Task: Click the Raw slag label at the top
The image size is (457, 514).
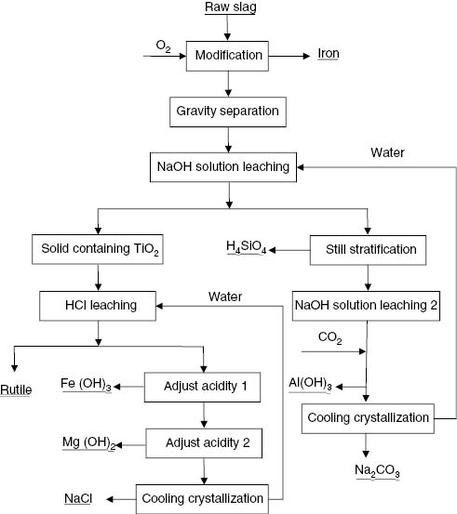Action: pos(228,8)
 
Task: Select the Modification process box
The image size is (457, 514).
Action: pos(228,55)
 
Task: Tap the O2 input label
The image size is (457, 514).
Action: pos(163,44)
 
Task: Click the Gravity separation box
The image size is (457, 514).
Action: pos(228,112)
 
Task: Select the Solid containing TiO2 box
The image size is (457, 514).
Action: pos(98,248)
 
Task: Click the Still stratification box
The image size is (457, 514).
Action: pos(370,248)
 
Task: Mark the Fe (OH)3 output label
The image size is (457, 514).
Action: pos(87,383)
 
